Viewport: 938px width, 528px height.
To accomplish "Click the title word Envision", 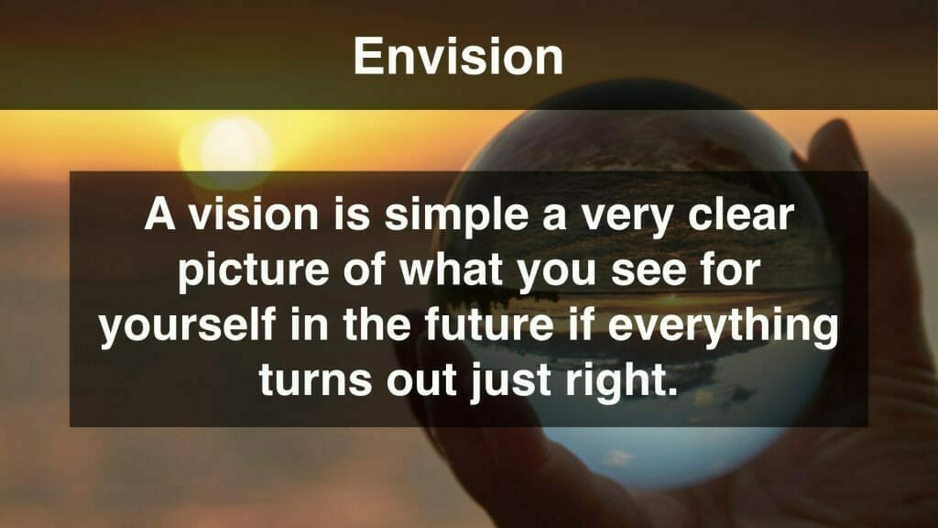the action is pos(458,56).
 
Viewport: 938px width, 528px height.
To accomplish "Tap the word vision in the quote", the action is pos(255,214).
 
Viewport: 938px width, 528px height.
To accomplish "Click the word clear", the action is pos(740,214).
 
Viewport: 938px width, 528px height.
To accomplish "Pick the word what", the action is pos(452,270).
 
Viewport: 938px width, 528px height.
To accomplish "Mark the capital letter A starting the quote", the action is pos(159,214).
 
